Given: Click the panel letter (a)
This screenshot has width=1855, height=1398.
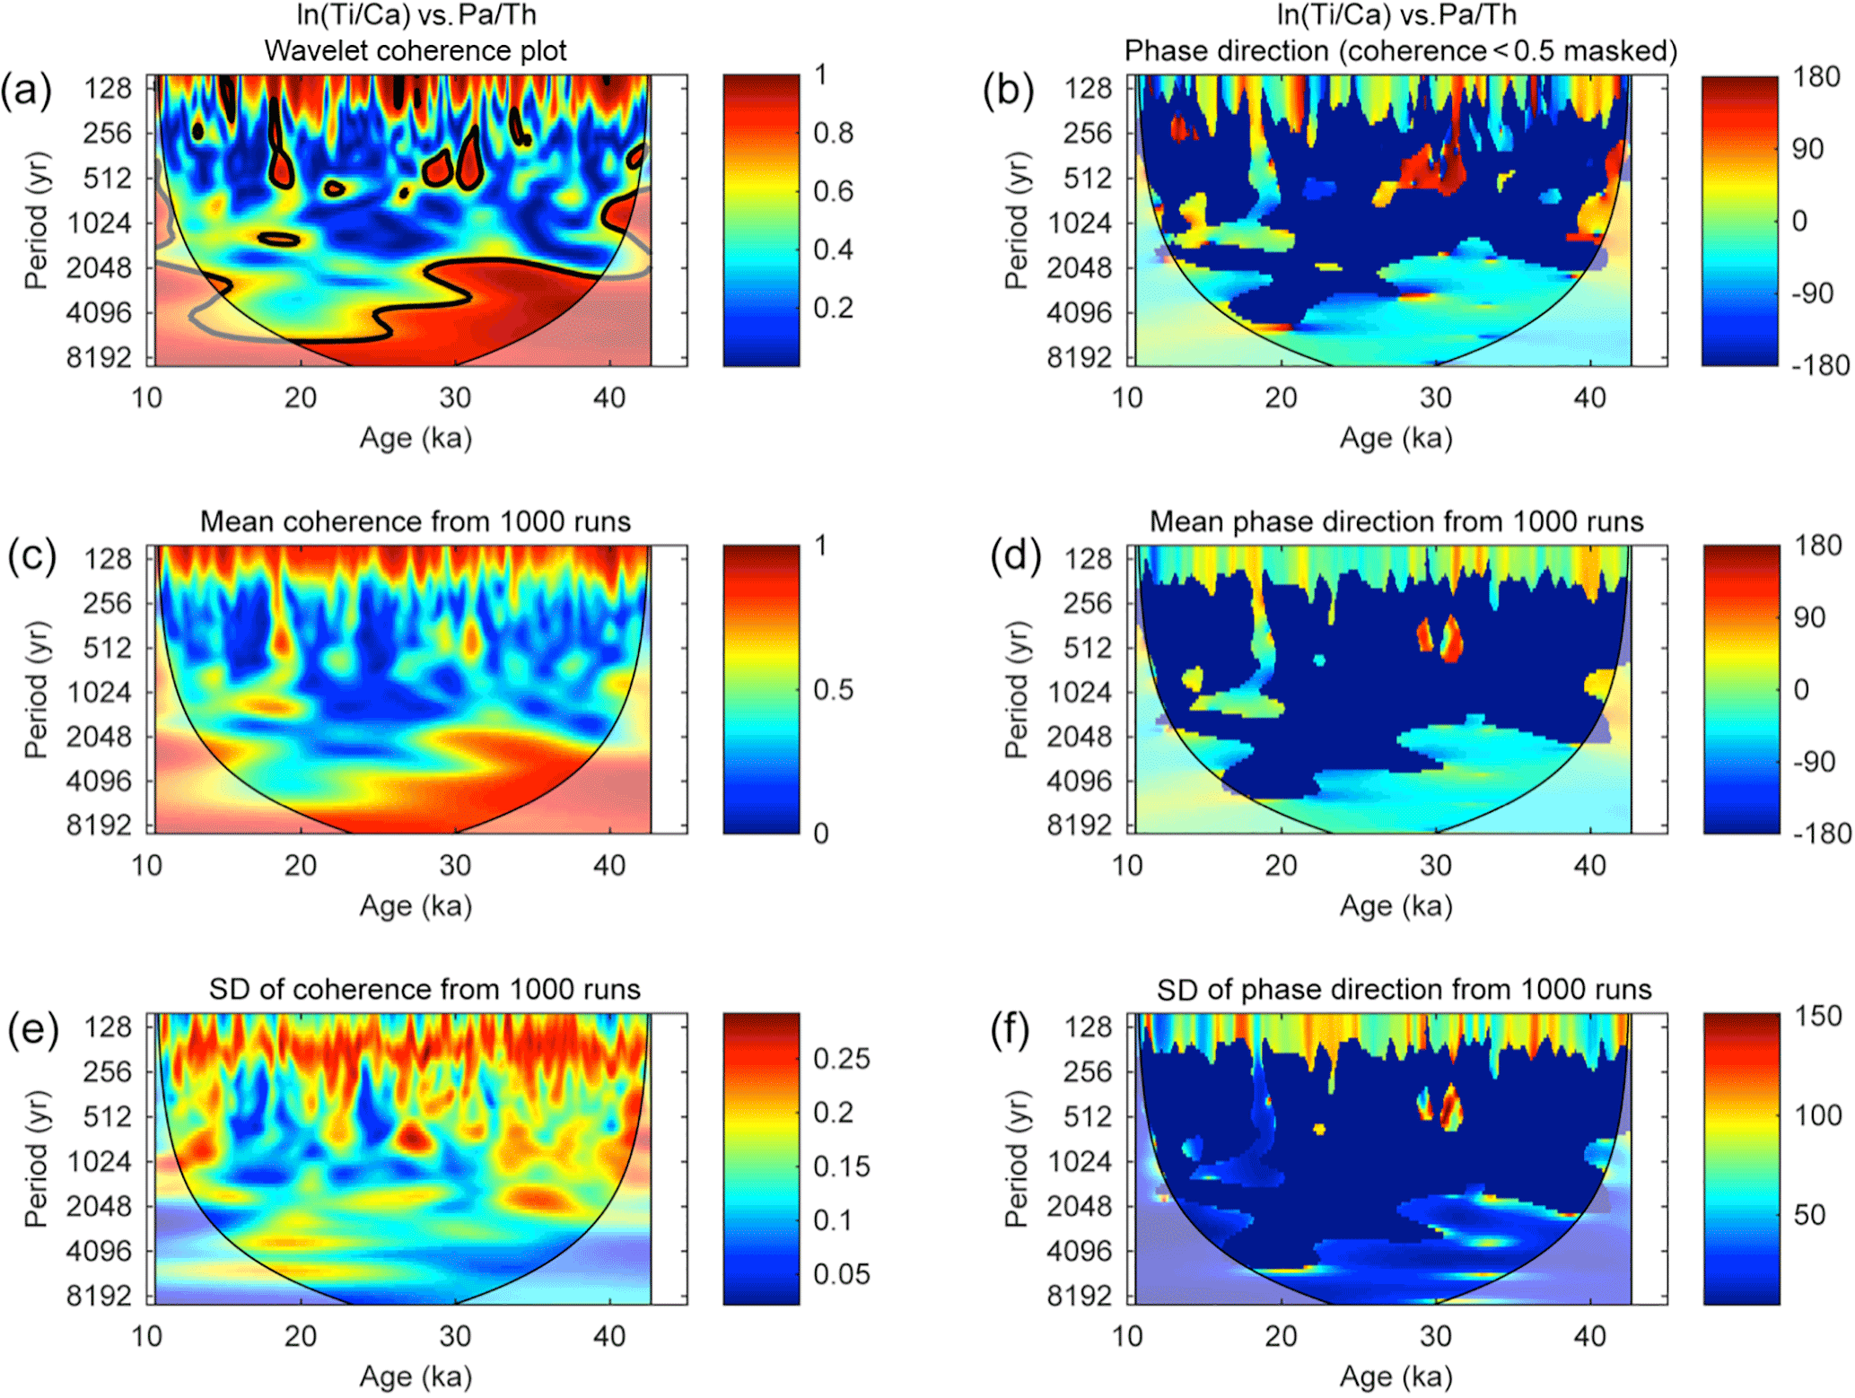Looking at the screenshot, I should (26, 91).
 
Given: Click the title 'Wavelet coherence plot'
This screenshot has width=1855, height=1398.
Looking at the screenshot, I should (416, 51).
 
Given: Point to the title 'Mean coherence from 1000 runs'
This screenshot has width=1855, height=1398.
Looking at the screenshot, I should (416, 521).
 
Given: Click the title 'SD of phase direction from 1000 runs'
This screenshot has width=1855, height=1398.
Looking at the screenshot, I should (1404, 990).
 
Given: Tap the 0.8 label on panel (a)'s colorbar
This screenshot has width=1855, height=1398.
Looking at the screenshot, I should (834, 134).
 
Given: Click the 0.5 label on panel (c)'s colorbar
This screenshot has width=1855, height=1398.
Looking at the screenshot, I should (834, 690).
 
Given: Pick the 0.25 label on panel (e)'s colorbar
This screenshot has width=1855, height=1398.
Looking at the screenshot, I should (842, 1059).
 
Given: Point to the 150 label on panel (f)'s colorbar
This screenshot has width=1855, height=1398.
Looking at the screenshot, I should (1818, 1017).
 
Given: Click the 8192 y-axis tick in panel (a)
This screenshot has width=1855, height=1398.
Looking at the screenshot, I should (99, 357).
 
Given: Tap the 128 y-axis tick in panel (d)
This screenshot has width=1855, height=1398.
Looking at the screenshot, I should (1088, 559).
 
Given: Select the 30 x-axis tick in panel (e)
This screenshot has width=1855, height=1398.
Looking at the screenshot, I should (455, 1336).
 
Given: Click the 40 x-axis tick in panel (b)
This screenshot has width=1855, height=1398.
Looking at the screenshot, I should (1590, 398).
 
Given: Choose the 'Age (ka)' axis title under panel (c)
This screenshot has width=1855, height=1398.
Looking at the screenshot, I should (416, 906).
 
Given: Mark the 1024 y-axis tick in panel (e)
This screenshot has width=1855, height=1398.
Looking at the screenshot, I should (99, 1162).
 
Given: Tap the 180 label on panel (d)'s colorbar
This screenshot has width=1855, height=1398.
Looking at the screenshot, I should (1818, 546).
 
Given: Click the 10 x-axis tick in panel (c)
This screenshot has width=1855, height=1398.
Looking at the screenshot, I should (147, 866).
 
